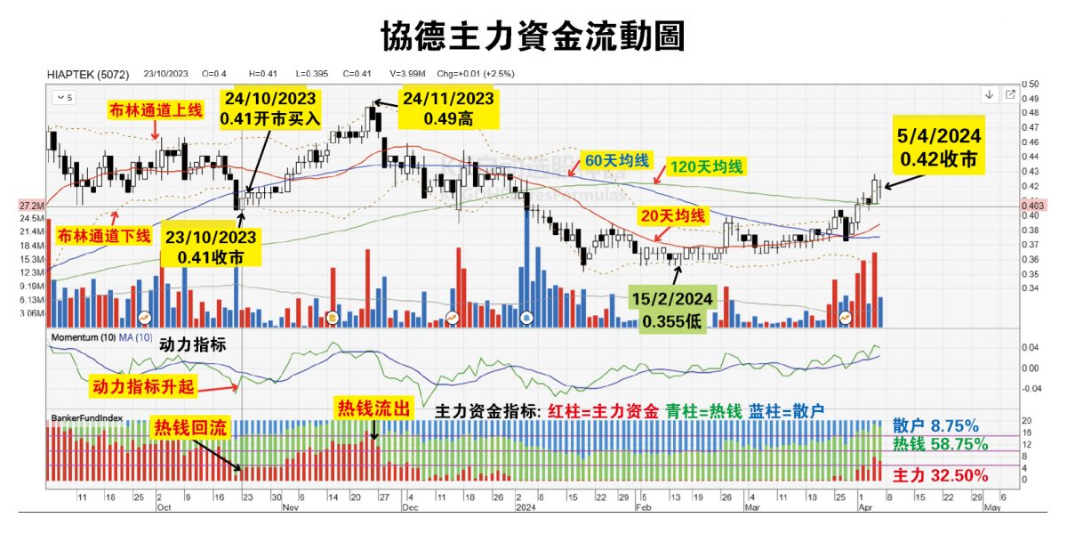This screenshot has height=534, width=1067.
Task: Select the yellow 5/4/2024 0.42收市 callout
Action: pyautogui.click(x=939, y=148)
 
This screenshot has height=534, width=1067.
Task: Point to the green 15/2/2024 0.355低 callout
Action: pyautogui.click(x=674, y=308)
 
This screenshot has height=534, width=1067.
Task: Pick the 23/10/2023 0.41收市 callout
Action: pyautogui.click(x=212, y=247)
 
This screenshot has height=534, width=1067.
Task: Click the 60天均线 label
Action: pyautogui.click(x=616, y=161)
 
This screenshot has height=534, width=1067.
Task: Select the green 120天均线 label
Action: pyautogui.click(x=708, y=166)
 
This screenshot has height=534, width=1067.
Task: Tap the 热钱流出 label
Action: pyautogui.click(x=373, y=409)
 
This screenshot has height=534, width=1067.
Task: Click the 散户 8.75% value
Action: pyautogui.click(x=935, y=425)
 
